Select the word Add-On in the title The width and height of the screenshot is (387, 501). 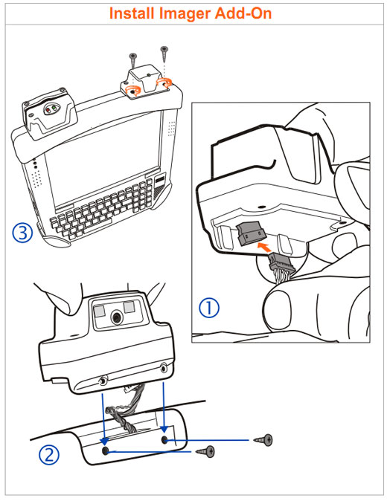[x=243, y=13]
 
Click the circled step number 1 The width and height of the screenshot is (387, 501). [x=209, y=308]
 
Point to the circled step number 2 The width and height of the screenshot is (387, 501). [x=49, y=455]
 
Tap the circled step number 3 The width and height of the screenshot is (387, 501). [x=22, y=233]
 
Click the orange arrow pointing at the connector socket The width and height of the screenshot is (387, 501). [x=264, y=247]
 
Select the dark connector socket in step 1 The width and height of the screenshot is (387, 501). [x=251, y=233]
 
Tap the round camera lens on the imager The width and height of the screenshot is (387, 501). [x=116, y=317]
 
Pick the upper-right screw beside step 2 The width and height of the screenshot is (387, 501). [x=263, y=440]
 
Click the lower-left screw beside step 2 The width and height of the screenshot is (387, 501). [x=205, y=451]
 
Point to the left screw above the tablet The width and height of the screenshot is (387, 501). [x=133, y=59]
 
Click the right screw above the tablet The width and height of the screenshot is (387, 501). [x=164, y=54]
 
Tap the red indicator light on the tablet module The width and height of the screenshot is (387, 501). [x=48, y=110]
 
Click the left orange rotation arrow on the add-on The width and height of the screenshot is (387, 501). [x=133, y=91]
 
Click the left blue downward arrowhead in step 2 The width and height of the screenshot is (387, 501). [x=105, y=442]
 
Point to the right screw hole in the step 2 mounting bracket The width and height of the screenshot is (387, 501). [x=164, y=440]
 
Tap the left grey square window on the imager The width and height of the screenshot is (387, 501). [x=99, y=310]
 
